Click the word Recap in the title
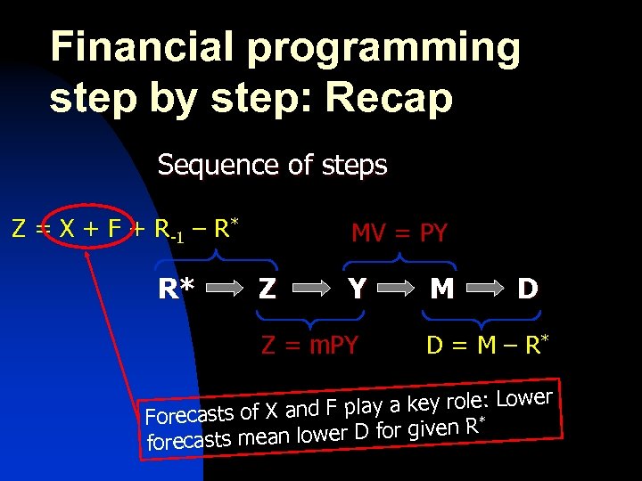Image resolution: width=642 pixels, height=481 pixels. (389, 98)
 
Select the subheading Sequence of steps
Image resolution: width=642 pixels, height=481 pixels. (272, 166)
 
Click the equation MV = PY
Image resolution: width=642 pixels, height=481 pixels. (399, 234)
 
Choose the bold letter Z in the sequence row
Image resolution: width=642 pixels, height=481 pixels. (266, 289)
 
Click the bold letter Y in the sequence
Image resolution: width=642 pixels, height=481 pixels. (358, 289)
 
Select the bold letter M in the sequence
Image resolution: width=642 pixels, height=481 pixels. (440, 289)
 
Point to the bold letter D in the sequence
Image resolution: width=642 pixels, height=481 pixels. (527, 289)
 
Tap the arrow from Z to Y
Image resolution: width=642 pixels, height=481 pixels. (311, 289)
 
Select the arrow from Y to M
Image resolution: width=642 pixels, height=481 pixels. (399, 289)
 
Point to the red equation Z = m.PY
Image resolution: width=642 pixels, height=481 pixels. (309, 345)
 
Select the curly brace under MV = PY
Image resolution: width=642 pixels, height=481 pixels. (399, 258)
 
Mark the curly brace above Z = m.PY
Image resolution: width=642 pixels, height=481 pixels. (309, 319)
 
